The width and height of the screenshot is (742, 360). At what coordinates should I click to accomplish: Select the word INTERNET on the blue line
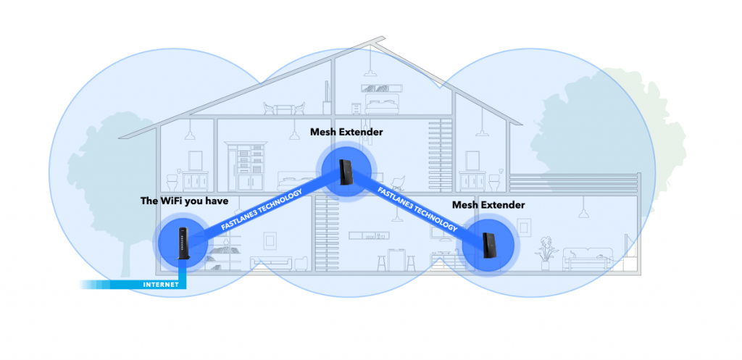(x=160, y=285)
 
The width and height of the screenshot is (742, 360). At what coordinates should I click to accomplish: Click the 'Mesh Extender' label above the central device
(x=346, y=132)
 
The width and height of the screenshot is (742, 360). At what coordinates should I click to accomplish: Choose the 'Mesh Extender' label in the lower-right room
(x=488, y=205)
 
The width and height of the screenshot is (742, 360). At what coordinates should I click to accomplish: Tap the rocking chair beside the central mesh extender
(x=397, y=181)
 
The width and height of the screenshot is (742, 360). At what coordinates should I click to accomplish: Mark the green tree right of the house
(x=580, y=130)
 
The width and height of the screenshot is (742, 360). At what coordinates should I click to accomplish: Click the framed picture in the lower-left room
(x=270, y=239)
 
